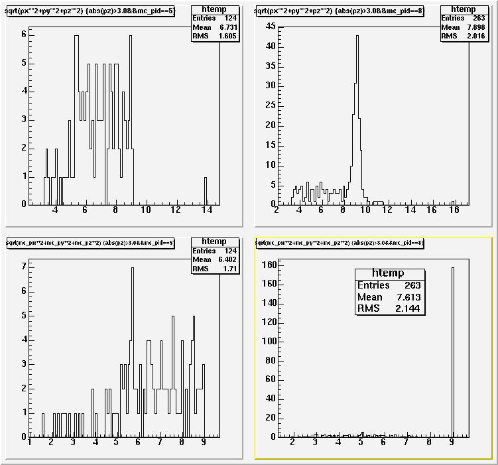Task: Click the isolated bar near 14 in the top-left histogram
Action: [206, 191]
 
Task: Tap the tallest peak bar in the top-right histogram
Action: [357, 119]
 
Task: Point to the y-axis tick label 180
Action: [267, 265]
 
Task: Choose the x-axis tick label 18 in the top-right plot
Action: [453, 210]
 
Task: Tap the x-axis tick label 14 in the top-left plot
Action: [206, 210]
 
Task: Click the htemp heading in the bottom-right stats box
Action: [389, 273]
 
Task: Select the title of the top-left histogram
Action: [90, 11]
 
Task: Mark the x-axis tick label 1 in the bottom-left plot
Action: [30, 443]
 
